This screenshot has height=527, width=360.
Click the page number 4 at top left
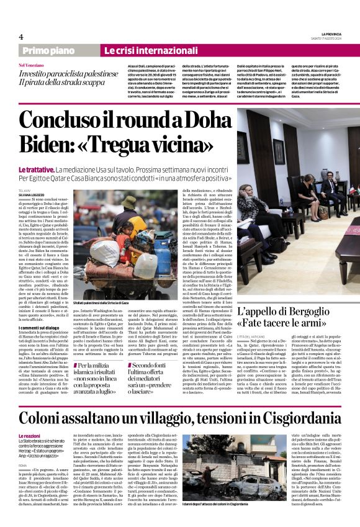tap(21, 36)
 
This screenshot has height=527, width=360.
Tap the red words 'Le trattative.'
tap(35, 169)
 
